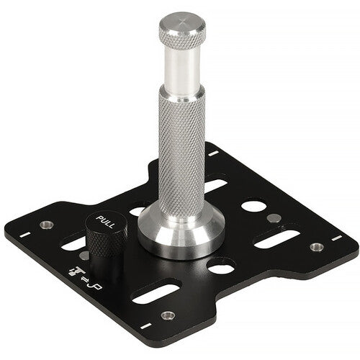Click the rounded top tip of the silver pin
pyautogui.click(x=181, y=24)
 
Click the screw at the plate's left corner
pyautogui.click(x=46, y=225)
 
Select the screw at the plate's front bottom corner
pyautogui.click(x=167, y=315)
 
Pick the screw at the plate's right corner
pyautogui.click(x=316, y=247)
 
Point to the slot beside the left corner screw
pyautogui.click(x=72, y=245)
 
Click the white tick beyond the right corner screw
pyautogui.click(x=333, y=235)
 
